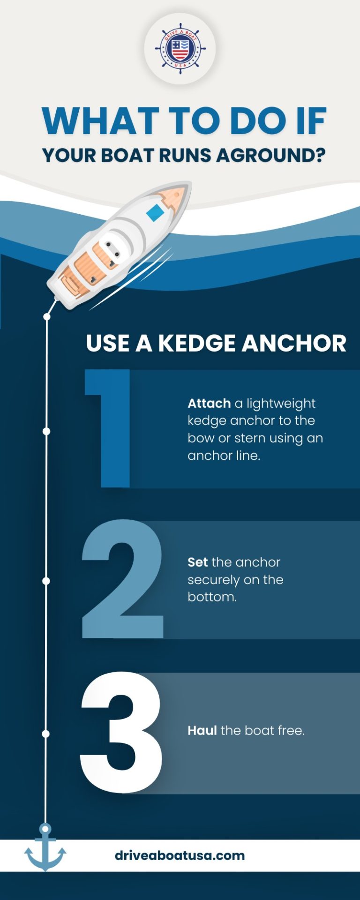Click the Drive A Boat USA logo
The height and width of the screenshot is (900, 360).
tap(180, 48)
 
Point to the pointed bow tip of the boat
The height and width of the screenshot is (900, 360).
tap(183, 190)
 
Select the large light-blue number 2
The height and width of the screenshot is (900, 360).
tap(123, 579)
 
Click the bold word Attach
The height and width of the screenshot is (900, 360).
tap(209, 403)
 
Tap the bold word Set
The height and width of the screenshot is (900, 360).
tap(197, 562)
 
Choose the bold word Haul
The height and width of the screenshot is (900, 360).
tap(202, 730)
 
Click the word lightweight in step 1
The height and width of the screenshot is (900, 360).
tap(281, 404)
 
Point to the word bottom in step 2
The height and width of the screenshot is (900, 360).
tap(211, 597)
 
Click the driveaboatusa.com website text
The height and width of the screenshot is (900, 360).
tap(180, 855)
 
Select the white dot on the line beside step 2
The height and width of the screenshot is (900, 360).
tap(46, 581)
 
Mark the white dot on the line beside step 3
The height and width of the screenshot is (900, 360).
tap(45, 734)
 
